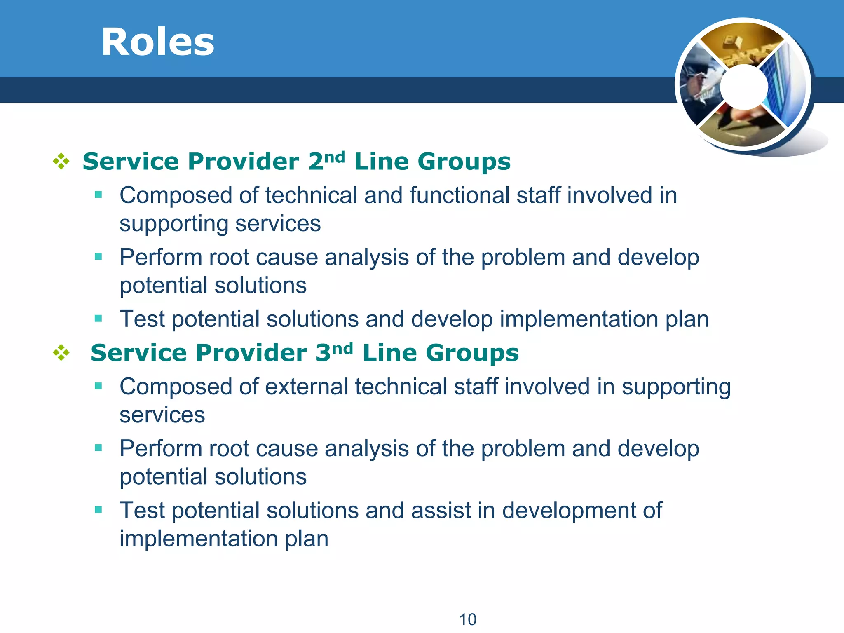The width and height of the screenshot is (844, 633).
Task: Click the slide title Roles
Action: click(x=158, y=42)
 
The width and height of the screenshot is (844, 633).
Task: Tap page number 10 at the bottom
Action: click(x=468, y=619)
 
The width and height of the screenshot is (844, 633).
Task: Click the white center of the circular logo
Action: click(x=744, y=87)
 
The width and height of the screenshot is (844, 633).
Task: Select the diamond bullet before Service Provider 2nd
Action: click(x=61, y=161)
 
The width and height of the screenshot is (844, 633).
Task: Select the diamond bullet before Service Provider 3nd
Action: click(x=61, y=353)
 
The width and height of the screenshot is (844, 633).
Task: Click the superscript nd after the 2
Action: click(x=334, y=157)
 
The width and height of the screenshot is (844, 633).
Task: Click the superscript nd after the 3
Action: click(x=342, y=348)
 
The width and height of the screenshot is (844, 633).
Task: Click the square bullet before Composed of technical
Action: click(x=98, y=195)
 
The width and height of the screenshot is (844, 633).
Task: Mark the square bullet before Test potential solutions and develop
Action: click(x=98, y=318)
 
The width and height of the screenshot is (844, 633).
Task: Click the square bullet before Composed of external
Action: click(x=98, y=386)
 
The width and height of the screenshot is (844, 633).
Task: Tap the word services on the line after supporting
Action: click(x=162, y=415)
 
